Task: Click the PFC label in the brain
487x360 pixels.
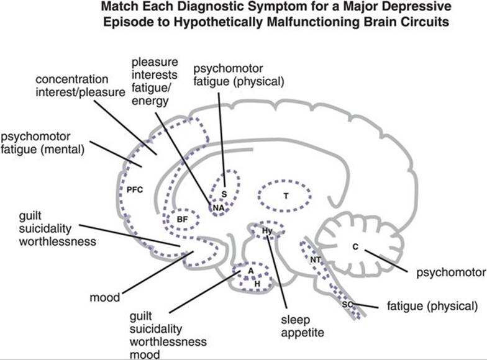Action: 135,190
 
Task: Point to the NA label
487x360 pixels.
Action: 217,207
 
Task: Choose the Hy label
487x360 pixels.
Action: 268,230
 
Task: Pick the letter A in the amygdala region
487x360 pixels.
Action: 250,270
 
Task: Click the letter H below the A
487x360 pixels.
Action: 257,282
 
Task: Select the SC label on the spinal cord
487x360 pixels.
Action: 347,304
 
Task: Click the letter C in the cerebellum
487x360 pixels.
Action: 355,247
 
